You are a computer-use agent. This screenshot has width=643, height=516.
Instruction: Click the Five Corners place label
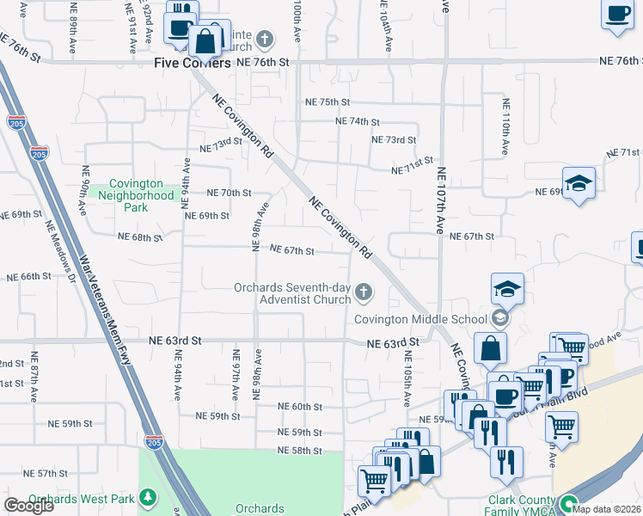(x=193, y=63)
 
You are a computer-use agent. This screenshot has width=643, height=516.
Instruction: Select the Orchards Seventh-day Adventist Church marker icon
(x=364, y=293)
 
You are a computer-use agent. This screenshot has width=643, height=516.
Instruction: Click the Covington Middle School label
(x=421, y=319)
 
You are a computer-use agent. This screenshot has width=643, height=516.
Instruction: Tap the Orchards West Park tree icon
(x=148, y=498)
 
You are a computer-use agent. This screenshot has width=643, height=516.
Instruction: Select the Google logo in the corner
(x=28, y=505)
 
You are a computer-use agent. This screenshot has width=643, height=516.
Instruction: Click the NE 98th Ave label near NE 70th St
(x=255, y=227)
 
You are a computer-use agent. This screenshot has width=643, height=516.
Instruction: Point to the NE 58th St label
(x=299, y=451)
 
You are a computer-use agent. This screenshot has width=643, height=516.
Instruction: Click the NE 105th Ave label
(x=404, y=377)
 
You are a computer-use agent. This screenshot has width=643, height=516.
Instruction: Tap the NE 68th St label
(x=139, y=236)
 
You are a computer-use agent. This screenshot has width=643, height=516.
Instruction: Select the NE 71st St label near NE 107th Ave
(x=412, y=166)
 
